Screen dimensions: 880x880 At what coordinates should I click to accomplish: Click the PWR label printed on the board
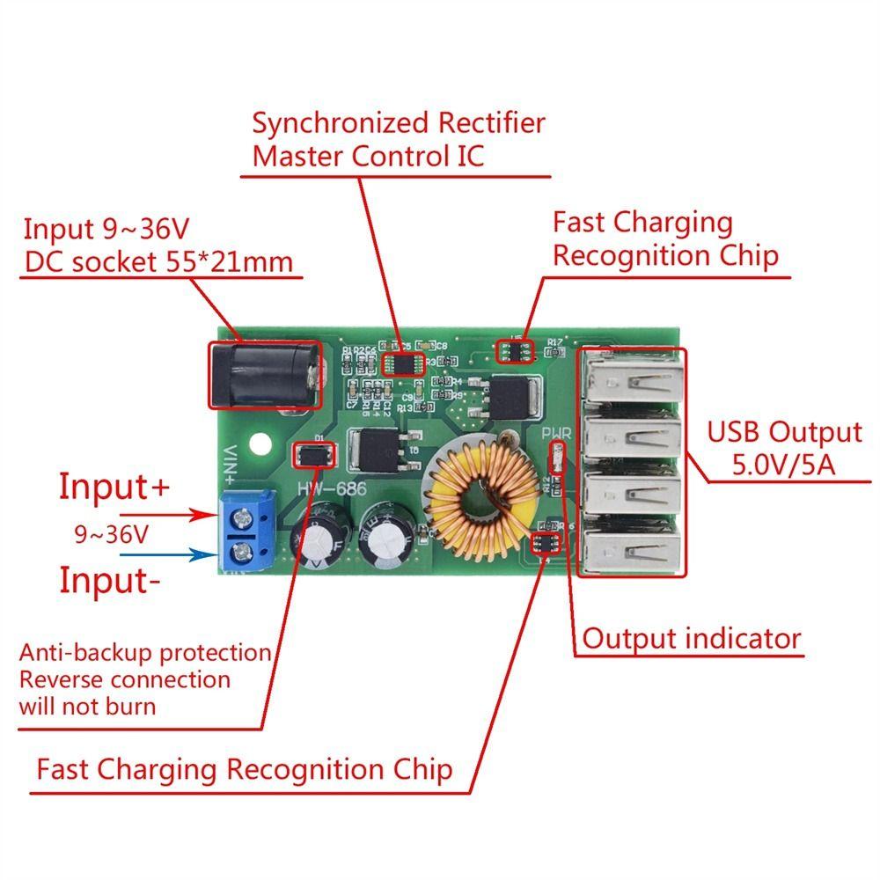tap(557, 434)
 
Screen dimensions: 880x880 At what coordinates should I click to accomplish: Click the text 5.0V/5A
tap(785, 464)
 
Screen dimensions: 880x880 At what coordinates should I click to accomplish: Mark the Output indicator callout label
tap(692, 638)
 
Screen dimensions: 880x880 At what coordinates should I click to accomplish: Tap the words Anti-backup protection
tap(145, 652)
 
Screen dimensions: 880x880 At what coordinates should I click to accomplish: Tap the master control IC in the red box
tap(404, 363)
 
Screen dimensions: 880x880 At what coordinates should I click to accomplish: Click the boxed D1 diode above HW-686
tap(314, 454)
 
